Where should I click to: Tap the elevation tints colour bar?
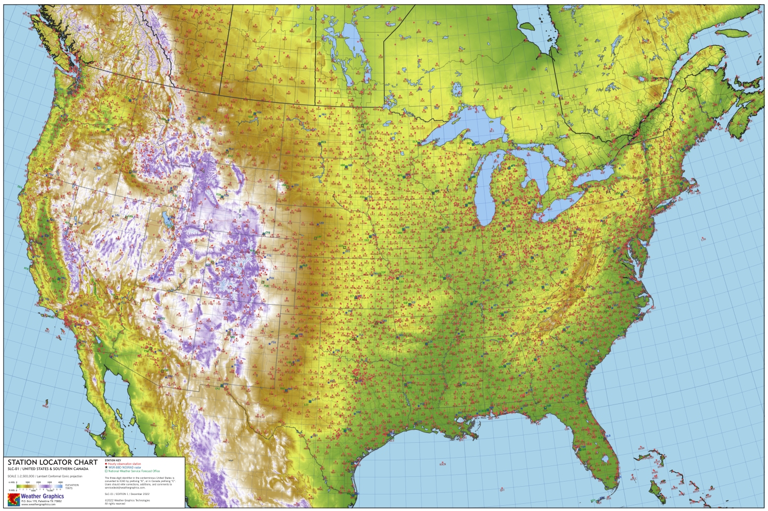(x=39, y=486)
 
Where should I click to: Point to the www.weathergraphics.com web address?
(x=38, y=504)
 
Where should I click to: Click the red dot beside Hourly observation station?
(x=106, y=464)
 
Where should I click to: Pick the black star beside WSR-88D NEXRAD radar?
(x=106, y=468)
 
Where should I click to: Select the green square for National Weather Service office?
(x=106, y=471)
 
